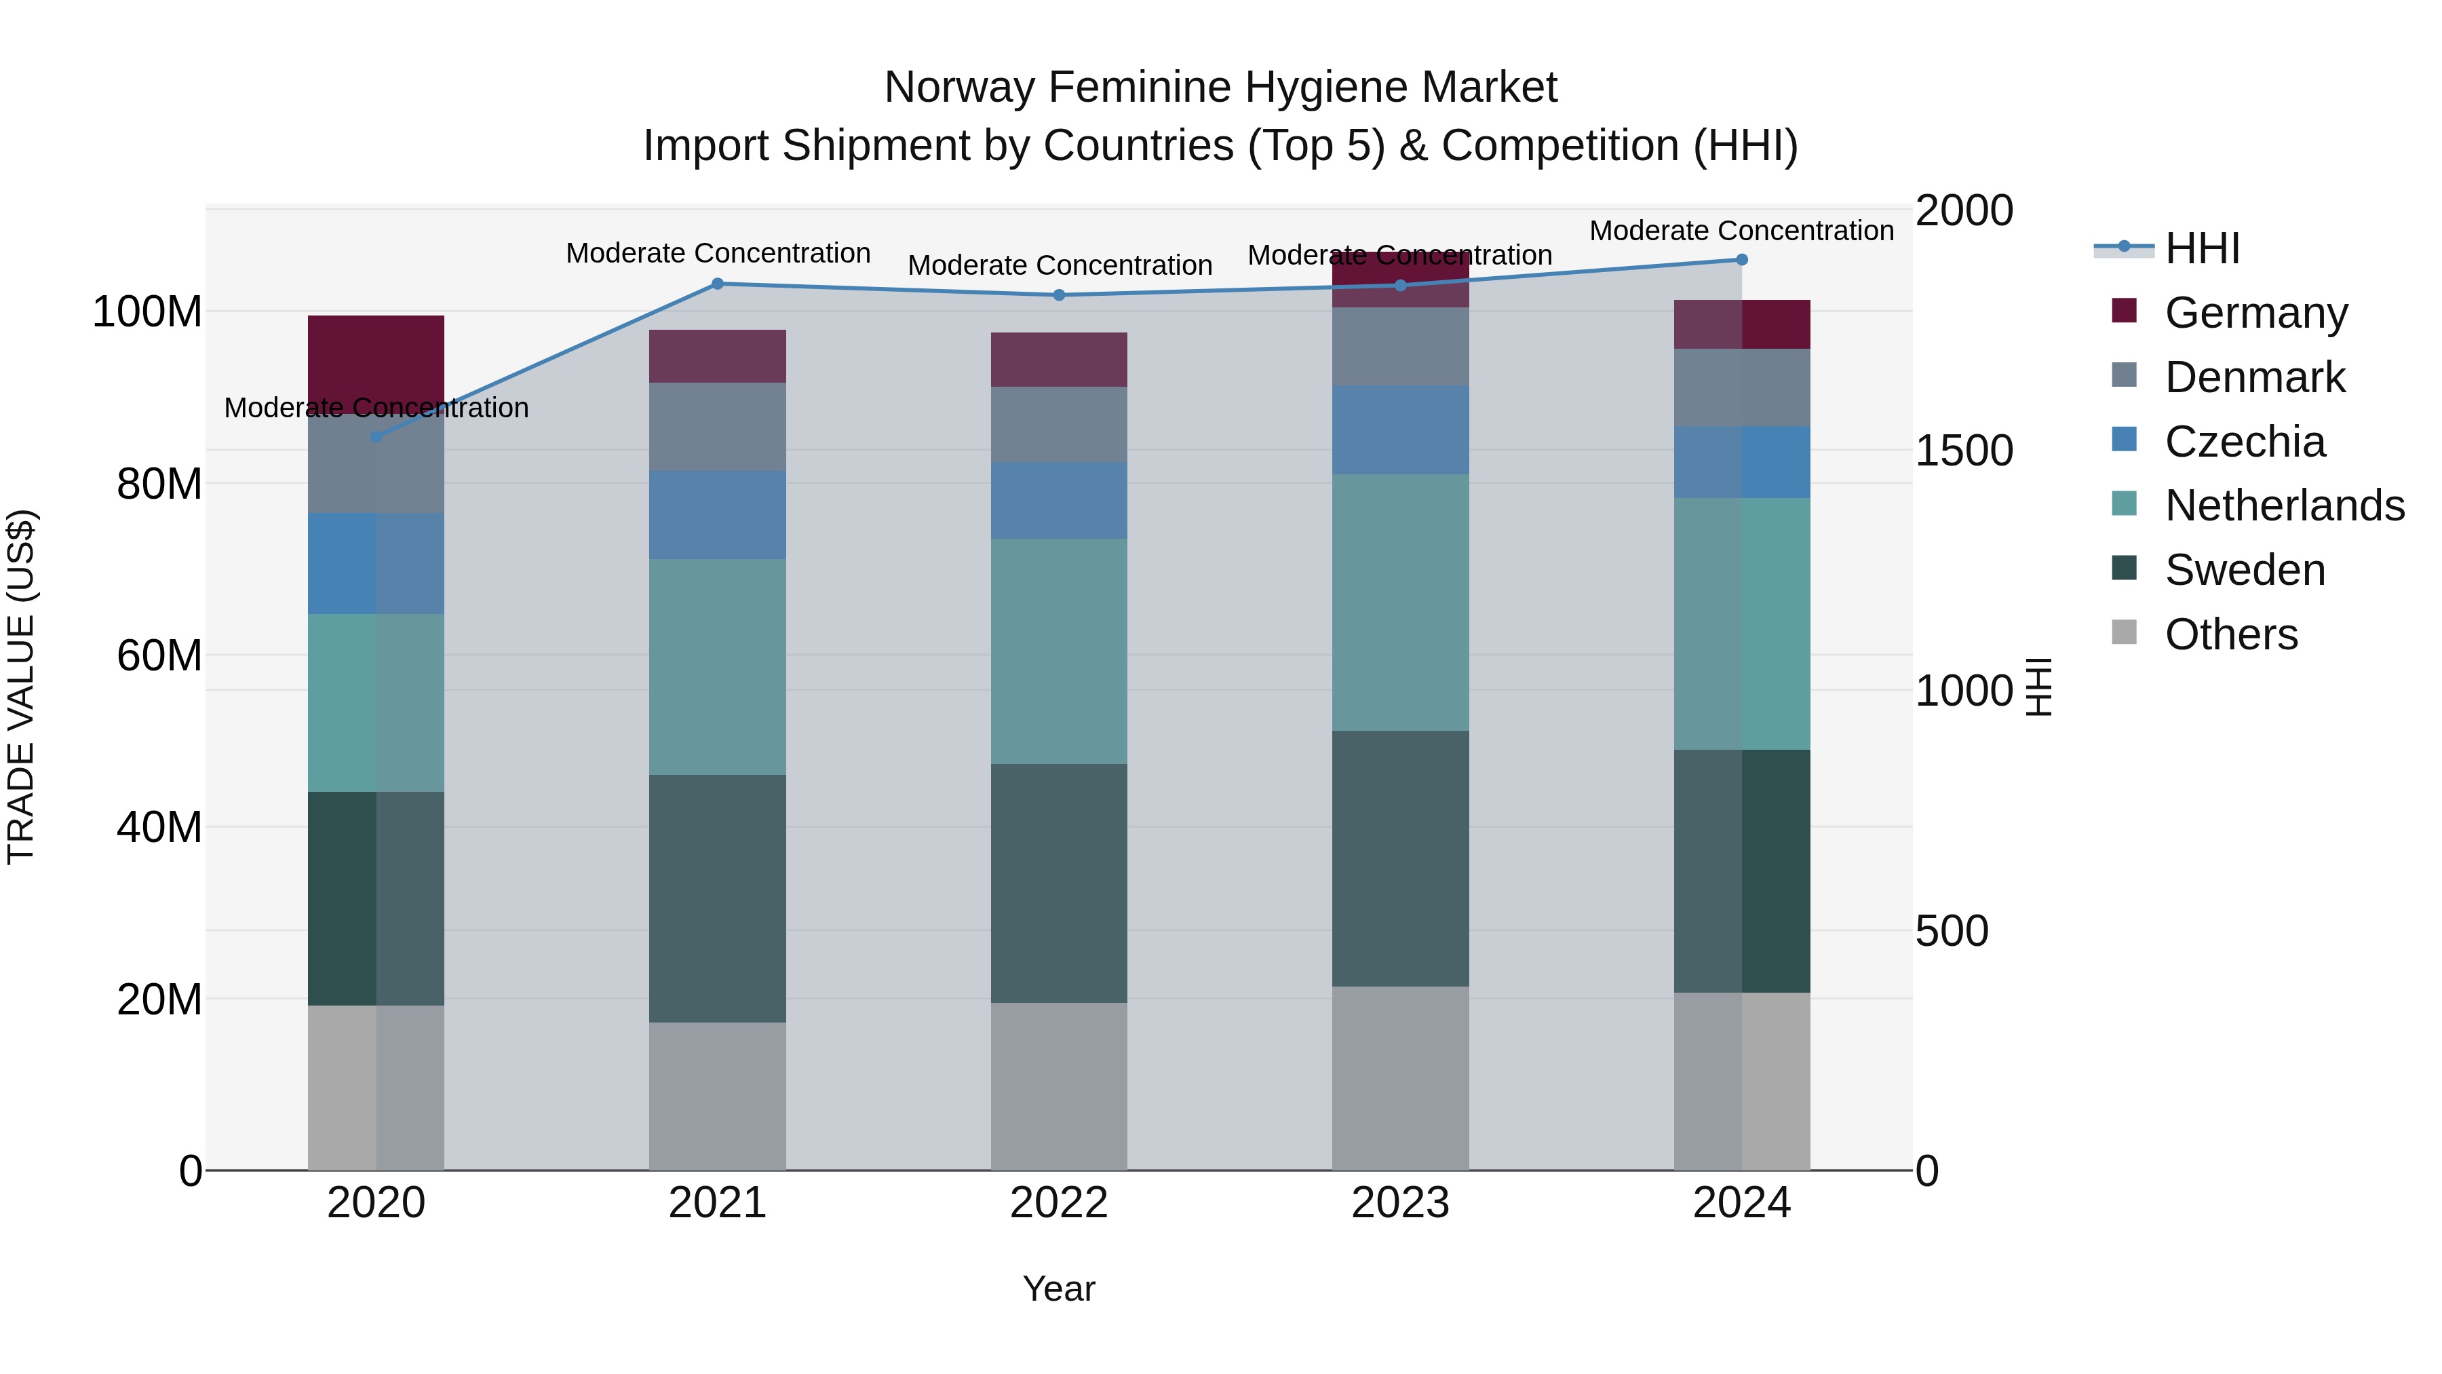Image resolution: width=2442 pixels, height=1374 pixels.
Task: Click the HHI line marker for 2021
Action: [718, 284]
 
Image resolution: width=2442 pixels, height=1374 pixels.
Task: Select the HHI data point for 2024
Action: [1741, 260]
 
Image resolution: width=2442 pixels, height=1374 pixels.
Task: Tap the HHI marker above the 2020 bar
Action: [376, 437]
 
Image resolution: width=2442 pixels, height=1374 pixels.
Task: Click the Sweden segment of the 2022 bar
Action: [1059, 883]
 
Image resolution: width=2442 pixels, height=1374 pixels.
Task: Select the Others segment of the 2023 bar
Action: [1400, 1078]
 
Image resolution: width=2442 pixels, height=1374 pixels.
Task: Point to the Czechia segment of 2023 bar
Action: [1400, 430]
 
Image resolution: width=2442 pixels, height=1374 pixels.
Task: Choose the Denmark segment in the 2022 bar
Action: [1059, 424]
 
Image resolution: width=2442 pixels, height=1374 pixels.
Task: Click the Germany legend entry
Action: [2256, 313]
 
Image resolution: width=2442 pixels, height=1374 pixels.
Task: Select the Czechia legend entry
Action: [2245, 442]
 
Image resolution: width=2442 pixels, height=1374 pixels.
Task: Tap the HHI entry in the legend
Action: [2202, 248]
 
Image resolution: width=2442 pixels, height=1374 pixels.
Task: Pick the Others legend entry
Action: [2230, 634]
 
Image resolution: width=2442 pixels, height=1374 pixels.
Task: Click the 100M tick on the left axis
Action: [147, 312]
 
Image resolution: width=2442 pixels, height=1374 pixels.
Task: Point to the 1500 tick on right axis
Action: [1963, 451]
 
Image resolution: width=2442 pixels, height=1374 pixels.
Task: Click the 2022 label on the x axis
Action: [1059, 1203]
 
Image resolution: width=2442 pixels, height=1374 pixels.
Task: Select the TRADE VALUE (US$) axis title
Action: [21, 687]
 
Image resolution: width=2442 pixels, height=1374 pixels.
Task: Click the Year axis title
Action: [1059, 1289]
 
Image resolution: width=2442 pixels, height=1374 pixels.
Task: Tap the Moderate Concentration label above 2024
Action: [1741, 231]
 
